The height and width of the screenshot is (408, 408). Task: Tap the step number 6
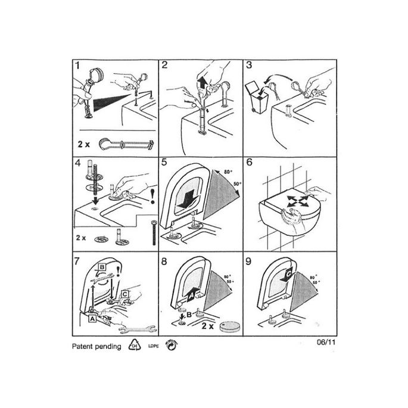[250, 162]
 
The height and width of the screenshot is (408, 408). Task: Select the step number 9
[250, 260]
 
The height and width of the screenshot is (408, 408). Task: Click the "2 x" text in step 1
[83, 144]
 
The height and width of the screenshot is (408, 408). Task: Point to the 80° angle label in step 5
[228, 173]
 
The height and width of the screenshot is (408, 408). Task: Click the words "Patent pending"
[96, 346]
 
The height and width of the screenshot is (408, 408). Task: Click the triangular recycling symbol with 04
[135, 346]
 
